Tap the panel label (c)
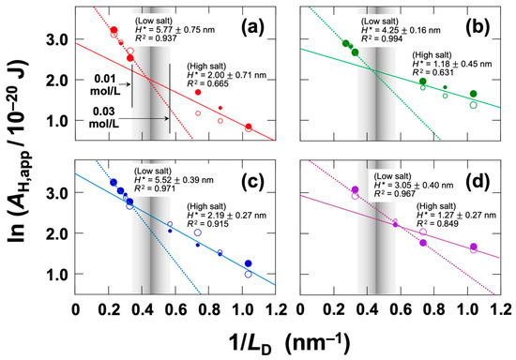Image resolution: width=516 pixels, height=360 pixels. pyautogui.click(x=252, y=181)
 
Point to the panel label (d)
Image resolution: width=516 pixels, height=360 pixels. pyautogui.click(x=478, y=181)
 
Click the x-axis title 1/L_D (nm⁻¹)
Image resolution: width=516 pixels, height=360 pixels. pyautogui.click(x=289, y=344)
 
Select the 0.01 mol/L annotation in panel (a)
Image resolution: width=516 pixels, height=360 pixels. pyautogui.click(x=105, y=84)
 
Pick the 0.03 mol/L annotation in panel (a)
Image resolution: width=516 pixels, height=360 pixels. pyautogui.click(x=105, y=117)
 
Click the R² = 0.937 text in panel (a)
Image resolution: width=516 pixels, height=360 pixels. pyautogui.click(x=156, y=38)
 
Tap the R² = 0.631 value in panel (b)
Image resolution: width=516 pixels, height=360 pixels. pyautogui.click(x=433, y=72)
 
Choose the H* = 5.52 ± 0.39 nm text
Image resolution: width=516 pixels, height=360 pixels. pyautogui.click(x=174, y=180)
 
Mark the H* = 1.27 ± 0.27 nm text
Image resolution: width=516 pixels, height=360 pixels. pyautogui.click(x=456, y=215)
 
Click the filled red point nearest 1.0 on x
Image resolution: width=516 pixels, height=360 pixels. pyautogui.click(x=249, y=127)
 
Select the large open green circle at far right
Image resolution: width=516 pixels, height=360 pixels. pyautogui.click(x=473, y=105)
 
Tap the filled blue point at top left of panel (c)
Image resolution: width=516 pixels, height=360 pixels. pyautogui.click(x=114, y=183)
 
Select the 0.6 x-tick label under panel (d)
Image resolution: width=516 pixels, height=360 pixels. pyautogui.click(x=401, y=309)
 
